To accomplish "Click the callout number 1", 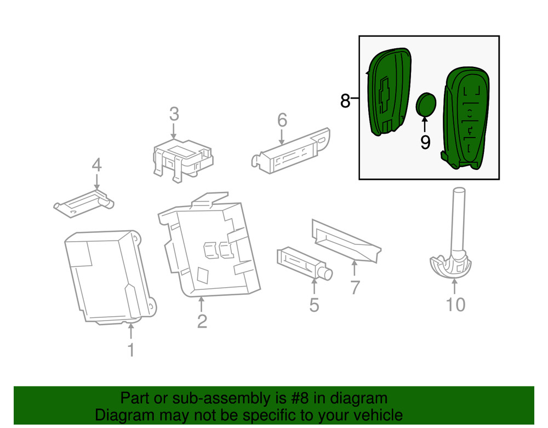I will pos(130,349).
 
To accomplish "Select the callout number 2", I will pos(202,321).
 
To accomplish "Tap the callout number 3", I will pos(174,115).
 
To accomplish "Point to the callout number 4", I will pos(96,164).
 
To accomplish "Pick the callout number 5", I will pos(313,305).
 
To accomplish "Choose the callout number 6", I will pos(282,119).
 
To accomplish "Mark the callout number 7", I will pos(355,287).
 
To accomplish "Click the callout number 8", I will pos(345,101).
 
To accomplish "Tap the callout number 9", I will pos(425,142).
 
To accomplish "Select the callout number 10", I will pos(455,304).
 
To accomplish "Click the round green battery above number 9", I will pos(426,105).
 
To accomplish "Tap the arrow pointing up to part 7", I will pos(355,269).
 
